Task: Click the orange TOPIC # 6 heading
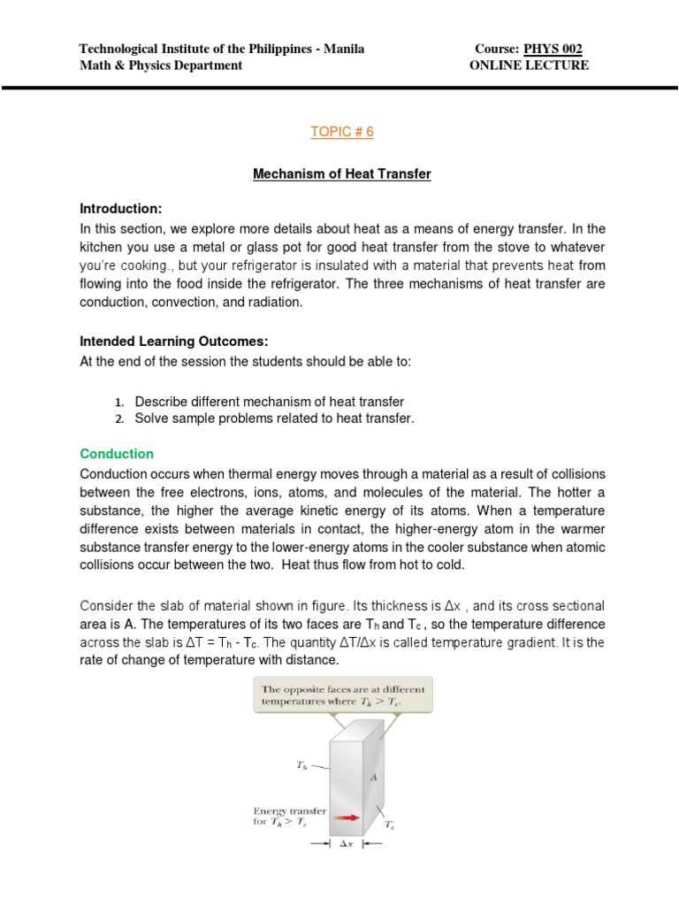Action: click(x=342, y=132)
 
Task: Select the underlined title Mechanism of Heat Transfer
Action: click(x=342, y=174)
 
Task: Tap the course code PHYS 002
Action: click(x=553, y=49)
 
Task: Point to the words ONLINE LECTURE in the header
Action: click(x=529, y=65)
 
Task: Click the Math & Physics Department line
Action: click(x=161, y=65)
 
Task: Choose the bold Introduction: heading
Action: click(x=121, y=209)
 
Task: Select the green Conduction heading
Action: click(x=117, y=454)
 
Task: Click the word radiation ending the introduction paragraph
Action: click(x=271, y=303)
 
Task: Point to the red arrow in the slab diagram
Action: click(x=348, y=818)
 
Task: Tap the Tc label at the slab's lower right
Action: click(x=389, y=825)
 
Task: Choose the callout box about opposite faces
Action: click(x=343, y=696)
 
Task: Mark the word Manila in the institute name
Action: click(x=345, y=49)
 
